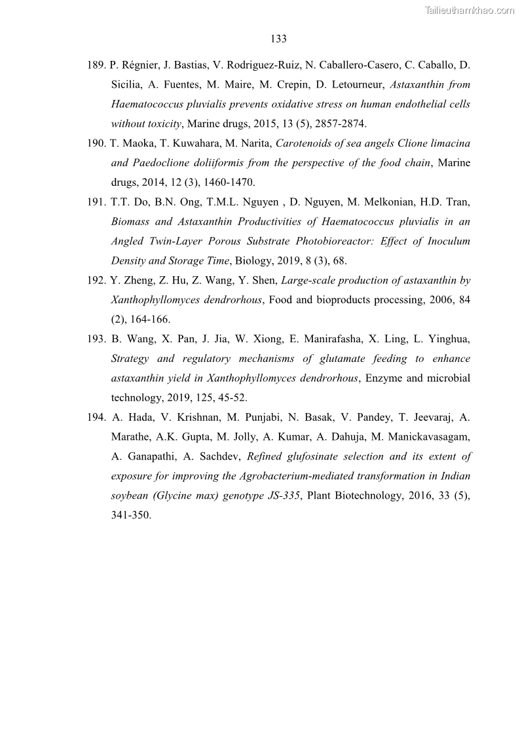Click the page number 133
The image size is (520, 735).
click(x=278, y=39)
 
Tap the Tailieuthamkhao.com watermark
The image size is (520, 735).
click(x=469, y=10)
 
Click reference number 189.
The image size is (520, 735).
click(x=96, y=65)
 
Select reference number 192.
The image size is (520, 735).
click(x=96, y=281)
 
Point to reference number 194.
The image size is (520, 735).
click(x=96, y=418)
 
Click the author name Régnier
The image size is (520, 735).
click(x=141, y=65)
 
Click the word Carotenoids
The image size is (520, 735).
click(x=307, y=143)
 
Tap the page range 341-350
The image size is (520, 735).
click(x=131, y=515)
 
